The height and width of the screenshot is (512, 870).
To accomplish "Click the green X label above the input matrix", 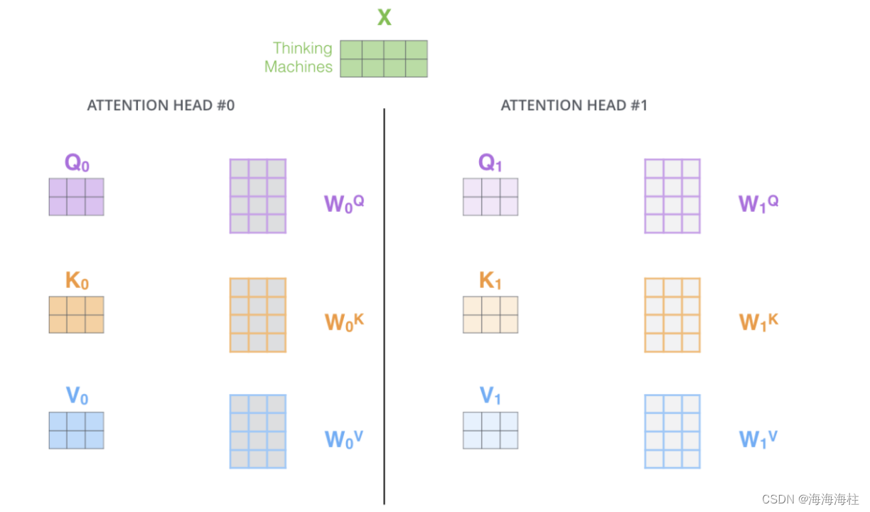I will (384, 16).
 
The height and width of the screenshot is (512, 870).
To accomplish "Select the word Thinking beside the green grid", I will (302, 48).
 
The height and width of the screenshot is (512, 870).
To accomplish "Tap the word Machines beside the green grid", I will (299, 67).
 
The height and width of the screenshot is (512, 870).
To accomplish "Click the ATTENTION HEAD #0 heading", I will (161, 105).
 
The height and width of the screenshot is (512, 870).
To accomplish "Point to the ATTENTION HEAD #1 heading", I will (574, 105).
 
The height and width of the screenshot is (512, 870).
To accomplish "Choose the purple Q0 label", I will (77, 163).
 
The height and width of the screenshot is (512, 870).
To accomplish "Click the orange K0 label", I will (77, 281).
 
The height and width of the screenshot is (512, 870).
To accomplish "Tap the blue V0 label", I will (77, 396).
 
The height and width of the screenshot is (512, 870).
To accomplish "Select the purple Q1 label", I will (490, 163).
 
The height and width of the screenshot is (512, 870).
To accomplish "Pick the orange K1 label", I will (490, 281).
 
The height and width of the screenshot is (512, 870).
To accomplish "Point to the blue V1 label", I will (490, 396).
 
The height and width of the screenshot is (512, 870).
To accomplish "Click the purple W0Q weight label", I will (344, 203).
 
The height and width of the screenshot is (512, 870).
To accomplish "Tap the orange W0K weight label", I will (344, 321).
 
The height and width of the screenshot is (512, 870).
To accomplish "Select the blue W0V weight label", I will (344, 438).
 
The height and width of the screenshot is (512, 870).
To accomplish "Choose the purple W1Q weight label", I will (758, 203).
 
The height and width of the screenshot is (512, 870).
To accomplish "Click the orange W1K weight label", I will (758, 321).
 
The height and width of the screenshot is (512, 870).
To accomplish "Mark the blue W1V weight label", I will (758, 438).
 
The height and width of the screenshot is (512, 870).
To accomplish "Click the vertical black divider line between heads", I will (385, 306).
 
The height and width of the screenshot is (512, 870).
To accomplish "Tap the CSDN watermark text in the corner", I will (810, 499).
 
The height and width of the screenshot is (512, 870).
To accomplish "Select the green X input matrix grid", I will (384, 58).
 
